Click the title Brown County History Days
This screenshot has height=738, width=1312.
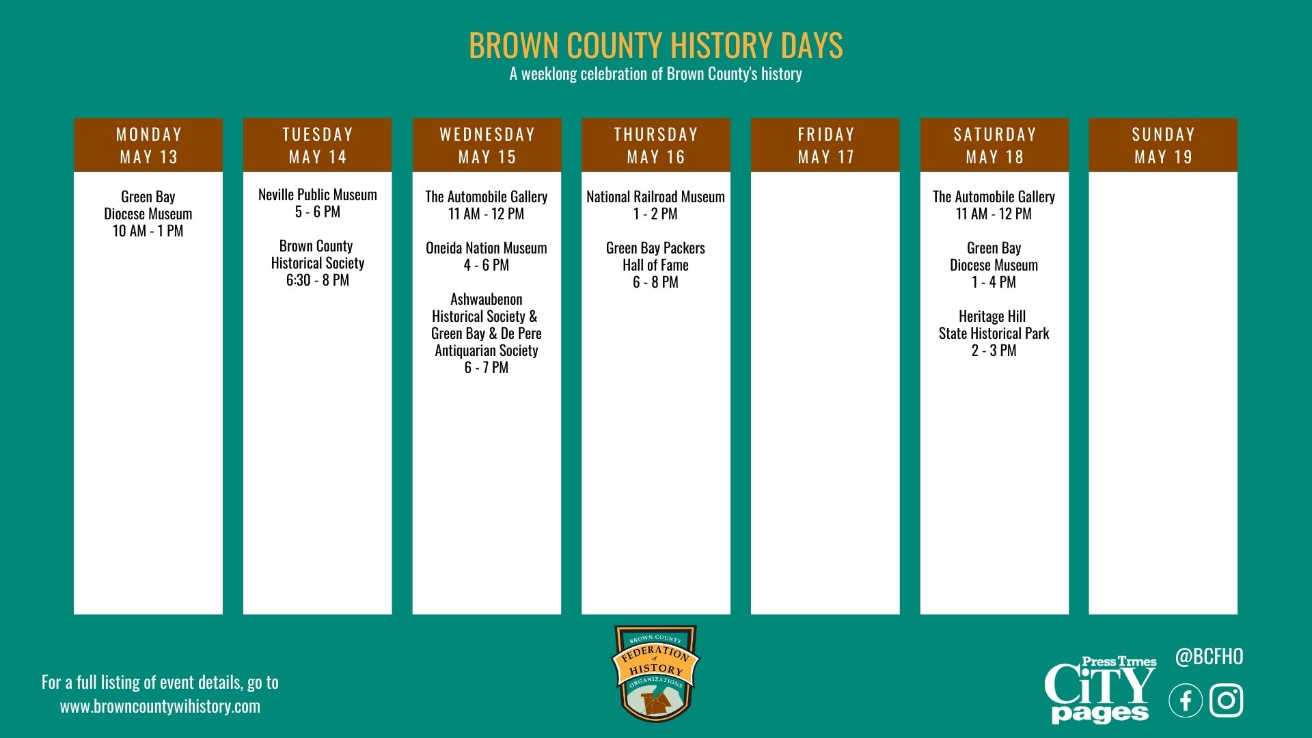click(x=656, y=45)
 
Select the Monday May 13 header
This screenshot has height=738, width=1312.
click(x=148, y=145)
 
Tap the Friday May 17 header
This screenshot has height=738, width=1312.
click(x=825, y=145)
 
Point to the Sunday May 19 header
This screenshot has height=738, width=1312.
click(x=1163, y=145)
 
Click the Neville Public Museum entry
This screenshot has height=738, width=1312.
click(x=318, y=195)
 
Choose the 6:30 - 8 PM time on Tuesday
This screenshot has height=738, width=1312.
click(x=318, y=280)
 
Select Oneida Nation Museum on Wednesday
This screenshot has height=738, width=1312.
click(x=487, y=248)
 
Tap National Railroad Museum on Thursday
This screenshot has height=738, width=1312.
click(x=655, y=197)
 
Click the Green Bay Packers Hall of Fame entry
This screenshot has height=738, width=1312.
click(x=655, y=256)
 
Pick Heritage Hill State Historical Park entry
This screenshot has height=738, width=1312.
click(x=994, y=325)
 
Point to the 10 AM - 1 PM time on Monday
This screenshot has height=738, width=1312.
click(x=148, y=231)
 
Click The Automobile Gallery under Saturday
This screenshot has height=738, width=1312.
click(x=994, y=197)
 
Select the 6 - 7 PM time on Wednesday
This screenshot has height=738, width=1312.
click(x=487, y=368)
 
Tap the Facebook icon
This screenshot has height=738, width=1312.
click(x=1186, y=701)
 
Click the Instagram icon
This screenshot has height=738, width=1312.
click(x=1227, y=701)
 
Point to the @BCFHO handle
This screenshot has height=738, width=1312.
click(x=1209, y=657)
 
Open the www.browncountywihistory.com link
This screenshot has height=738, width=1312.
click(x=161, y=707)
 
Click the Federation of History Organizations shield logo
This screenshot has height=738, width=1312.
click(x=655, y=673)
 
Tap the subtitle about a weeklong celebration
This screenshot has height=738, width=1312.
click(x=656, y=74)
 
